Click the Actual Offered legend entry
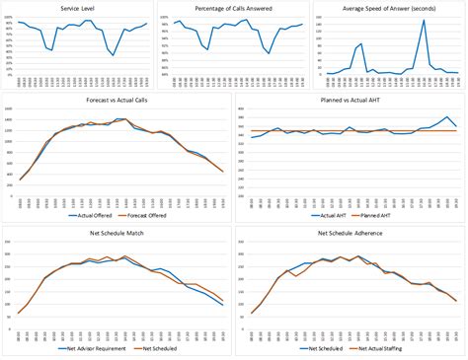(91, 211)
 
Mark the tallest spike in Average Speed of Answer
(424, 20)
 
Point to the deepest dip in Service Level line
(113, 55)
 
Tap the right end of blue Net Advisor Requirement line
(223, 305)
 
